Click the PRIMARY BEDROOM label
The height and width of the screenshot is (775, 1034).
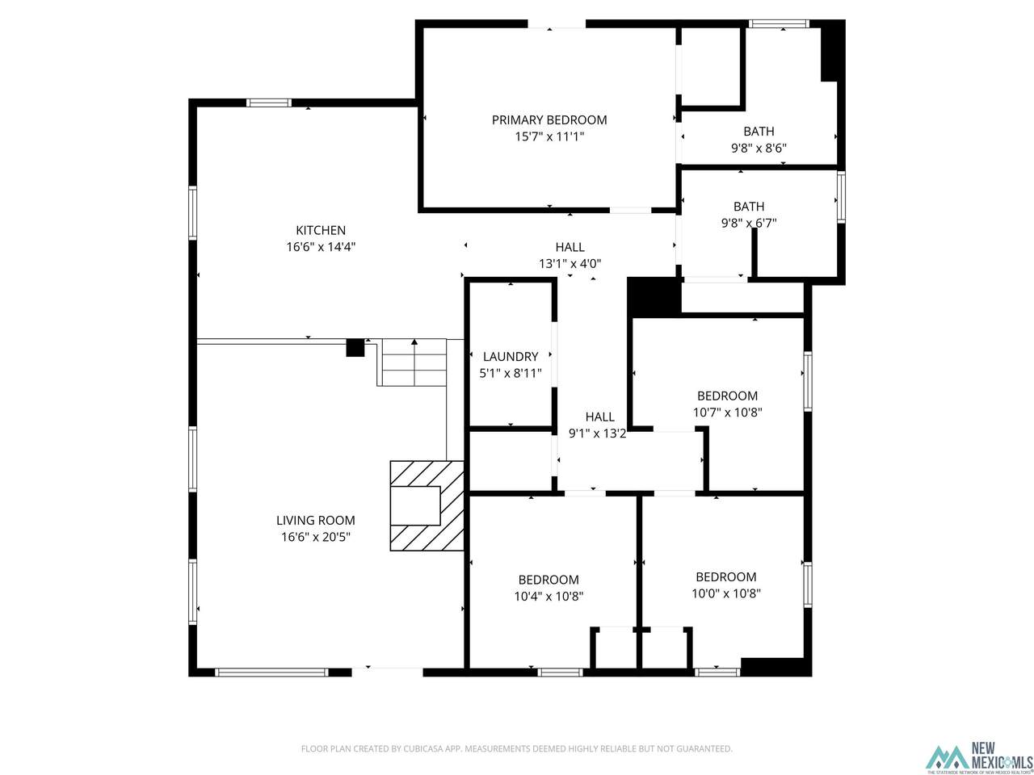pyautogui.click(x=549, y=120)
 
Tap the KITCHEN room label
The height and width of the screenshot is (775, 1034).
pyautogui.click(x=321, y=230)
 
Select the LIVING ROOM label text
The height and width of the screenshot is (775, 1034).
pyautogui.click(x=316, y=521)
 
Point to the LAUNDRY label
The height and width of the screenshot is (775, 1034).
pyautogui.click(x=511, y=356)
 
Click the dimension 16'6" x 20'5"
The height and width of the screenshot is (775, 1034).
pyautogui.click(x=316, y=537)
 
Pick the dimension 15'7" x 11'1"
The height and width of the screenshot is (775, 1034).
pyautogui.click(x=549, y=136)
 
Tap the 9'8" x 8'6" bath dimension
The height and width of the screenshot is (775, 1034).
pyautogui.click(x=759, y=149)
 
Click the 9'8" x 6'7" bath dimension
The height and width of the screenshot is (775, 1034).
pyautogui.click(x=749, y=223)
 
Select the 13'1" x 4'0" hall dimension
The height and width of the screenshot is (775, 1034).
pyautogui.click(x=570, y=263)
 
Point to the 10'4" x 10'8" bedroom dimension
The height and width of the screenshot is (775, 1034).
pyautogui.click(x=549, y=597)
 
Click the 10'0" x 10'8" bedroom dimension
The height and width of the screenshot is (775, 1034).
pyautogui.click(x=726, y=593)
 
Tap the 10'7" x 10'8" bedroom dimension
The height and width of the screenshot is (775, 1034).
pyautogui.click(x=727, y=413)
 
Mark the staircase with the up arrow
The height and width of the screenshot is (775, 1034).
pyautogui.click(x=414, y=362)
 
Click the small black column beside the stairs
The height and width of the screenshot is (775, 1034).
pyautogui.click(x=355, y=347)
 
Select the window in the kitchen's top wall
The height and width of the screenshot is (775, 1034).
pyautogui.click(x=269, y=103)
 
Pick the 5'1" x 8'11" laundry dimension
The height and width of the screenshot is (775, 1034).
pyautogui.click(x=511, y=373)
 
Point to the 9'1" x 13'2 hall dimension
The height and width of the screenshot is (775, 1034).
pyautogui.click(x=597, y=434)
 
